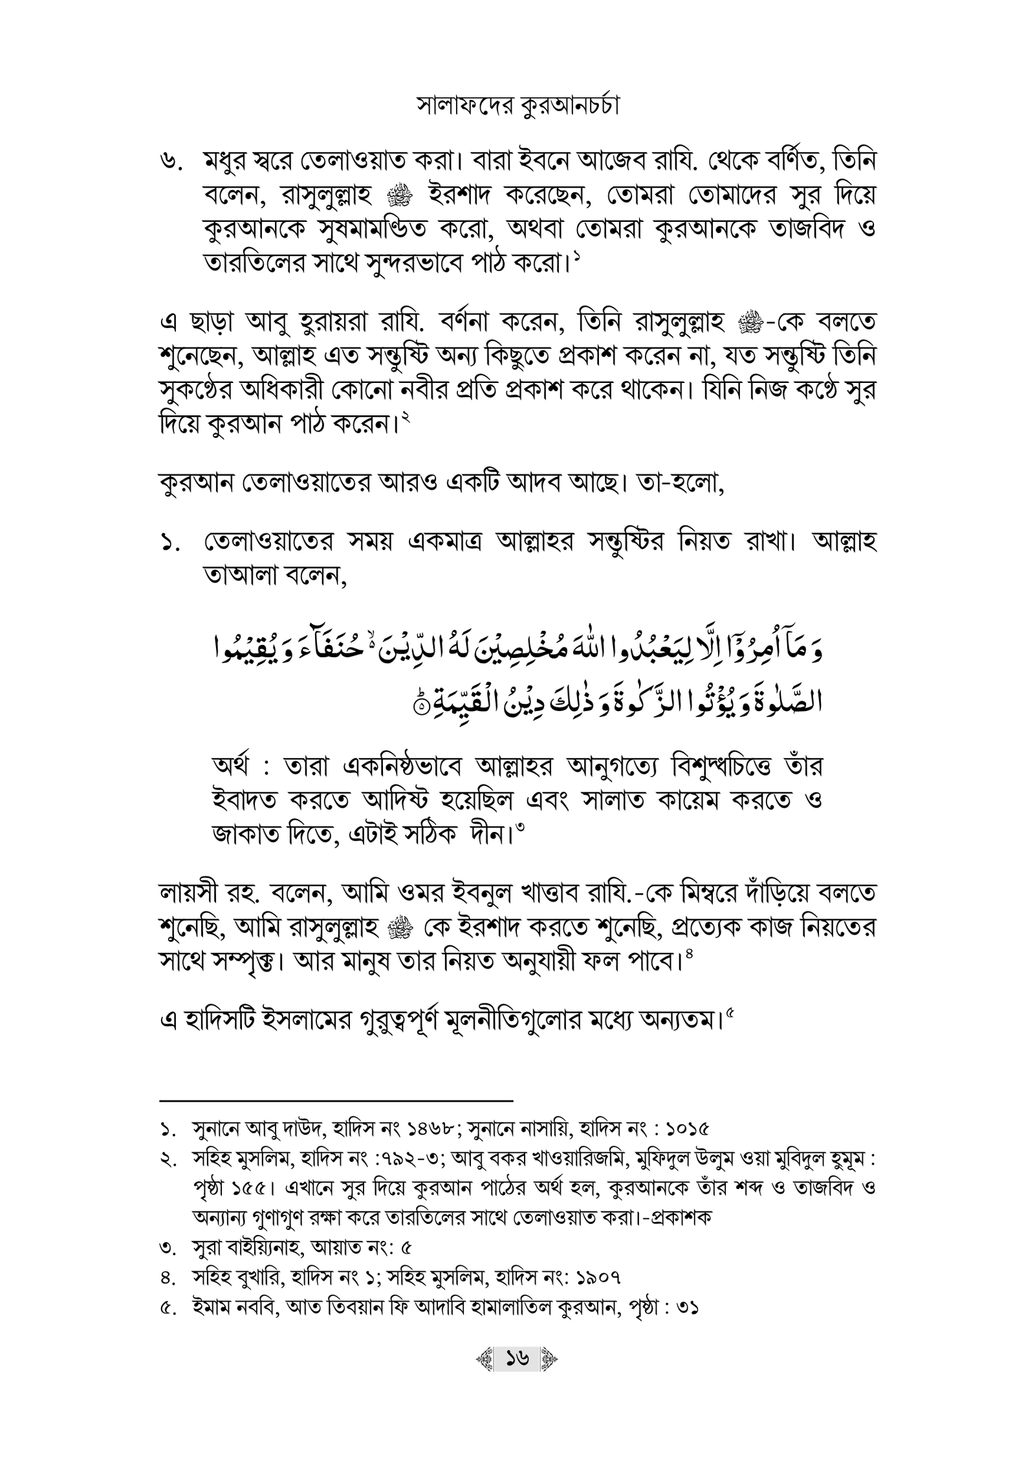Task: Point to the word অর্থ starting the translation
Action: pos(234,768)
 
